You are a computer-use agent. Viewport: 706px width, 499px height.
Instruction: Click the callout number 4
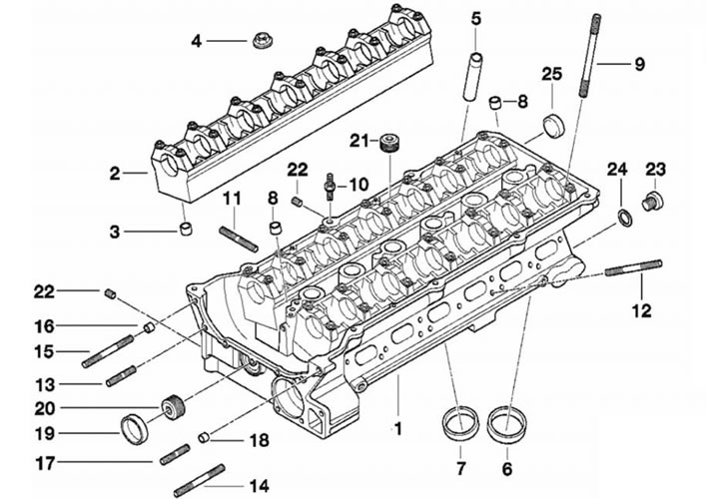point(196,41)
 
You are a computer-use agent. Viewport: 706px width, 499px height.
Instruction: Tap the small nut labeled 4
point(262,41)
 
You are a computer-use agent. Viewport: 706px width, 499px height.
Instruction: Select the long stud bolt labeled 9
point(589,56)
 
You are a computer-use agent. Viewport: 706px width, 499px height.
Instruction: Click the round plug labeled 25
point(553,125)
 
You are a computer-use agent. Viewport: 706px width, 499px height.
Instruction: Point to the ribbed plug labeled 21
point(389,143)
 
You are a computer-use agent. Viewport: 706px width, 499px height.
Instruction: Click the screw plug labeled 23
point(652,201)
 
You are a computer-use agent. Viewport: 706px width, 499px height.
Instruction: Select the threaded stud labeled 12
point(633,267)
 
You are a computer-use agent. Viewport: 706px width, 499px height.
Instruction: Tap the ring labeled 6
point(506,422)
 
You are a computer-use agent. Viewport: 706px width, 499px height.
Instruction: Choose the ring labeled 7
point(459,421)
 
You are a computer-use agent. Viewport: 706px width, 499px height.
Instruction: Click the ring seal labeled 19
point(136,430)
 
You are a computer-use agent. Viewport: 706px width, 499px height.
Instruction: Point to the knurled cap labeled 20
point(173,406)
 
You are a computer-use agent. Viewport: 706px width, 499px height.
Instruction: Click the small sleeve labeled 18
point(205,436)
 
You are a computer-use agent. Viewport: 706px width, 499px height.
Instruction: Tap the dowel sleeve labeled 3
point(186,229)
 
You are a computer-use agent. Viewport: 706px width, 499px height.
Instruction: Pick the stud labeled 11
point(239,239)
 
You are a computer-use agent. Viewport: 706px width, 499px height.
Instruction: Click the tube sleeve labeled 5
point(471,77)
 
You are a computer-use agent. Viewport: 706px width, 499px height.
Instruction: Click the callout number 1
point(398,428)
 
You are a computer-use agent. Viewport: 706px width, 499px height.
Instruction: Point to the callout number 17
point(46,463)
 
